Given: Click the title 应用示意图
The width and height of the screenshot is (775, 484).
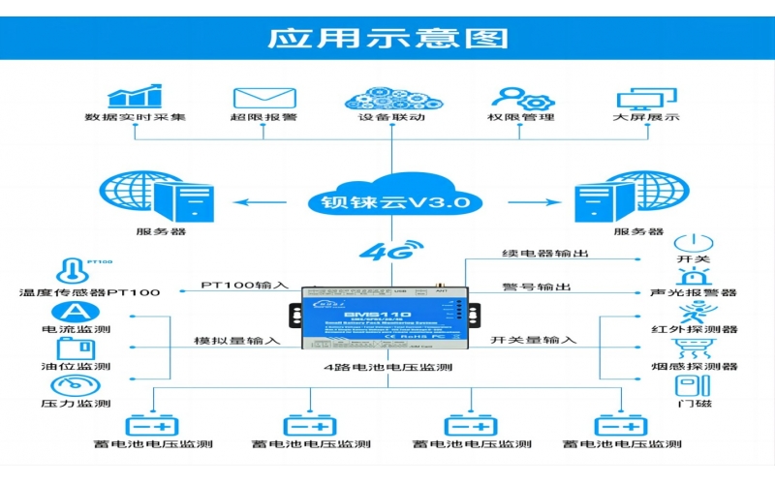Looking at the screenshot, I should pyautogui.click(x=387, y=38).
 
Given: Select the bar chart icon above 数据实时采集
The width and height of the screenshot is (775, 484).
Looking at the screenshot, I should pyautogui.click(x=134, y=97).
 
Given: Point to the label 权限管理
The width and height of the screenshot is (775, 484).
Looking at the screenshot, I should pyautogui.click(x=521, y=118).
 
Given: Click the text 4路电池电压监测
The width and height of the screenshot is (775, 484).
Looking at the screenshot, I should pyautogui.click(x=387, y=368).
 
